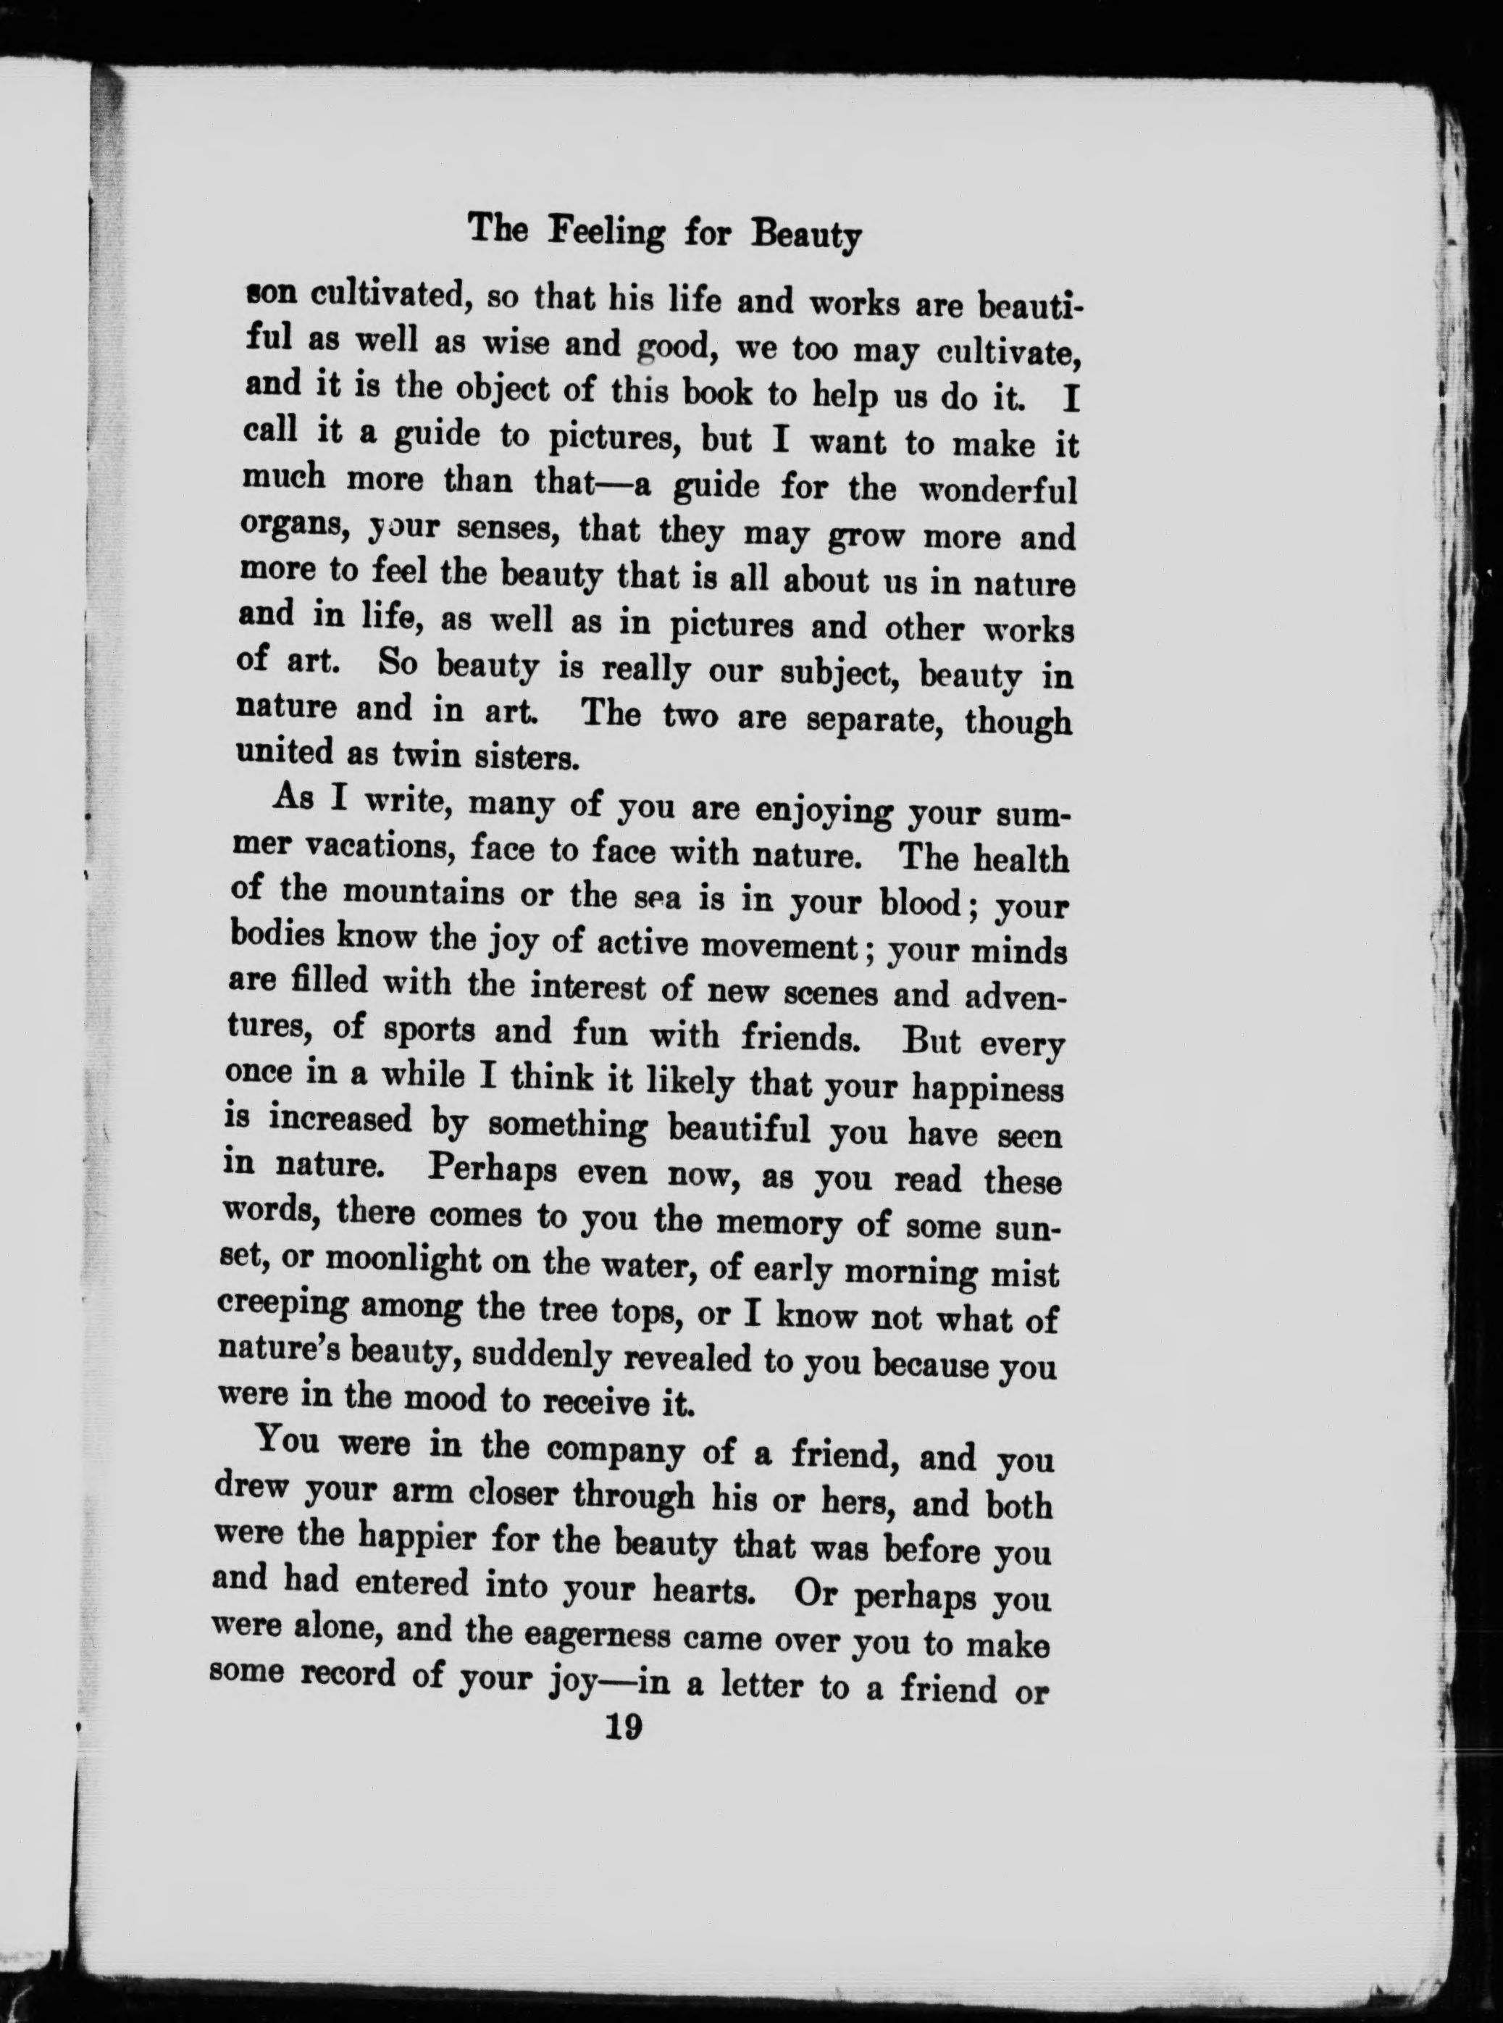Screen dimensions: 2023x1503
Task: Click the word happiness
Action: (987, 1088)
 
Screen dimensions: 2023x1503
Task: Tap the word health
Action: (1020, 857)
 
